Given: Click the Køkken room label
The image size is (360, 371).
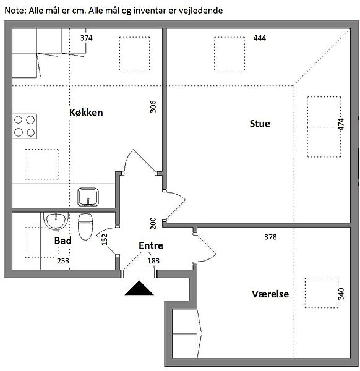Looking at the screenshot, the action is click(86, 113).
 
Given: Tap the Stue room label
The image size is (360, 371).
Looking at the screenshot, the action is click(260, 124).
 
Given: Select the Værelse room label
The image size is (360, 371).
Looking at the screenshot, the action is click(270, 294).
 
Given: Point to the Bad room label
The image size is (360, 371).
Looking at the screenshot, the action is click(63, 241).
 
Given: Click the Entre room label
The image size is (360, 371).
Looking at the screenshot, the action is click(151, 245).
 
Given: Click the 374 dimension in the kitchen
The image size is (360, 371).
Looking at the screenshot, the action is click(86, 38).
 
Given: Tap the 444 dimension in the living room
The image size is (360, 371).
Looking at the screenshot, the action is click(259, 38).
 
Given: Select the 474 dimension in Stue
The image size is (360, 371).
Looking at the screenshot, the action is click(341, 124).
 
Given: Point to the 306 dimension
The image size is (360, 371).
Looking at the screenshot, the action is click(153, 107).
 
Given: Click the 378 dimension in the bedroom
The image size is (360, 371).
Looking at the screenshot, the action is click(270, 237).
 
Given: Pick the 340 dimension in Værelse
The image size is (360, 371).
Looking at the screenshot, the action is click(341, 294).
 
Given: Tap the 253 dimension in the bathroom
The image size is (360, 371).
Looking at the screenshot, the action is click(63, 261).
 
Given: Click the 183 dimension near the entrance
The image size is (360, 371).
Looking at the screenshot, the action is click(153, 261).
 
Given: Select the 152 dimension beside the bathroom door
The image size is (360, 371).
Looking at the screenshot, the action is click(105, 240).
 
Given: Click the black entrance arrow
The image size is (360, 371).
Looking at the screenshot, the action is click(139, 288).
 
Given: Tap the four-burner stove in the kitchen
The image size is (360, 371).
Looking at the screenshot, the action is click(24, 126).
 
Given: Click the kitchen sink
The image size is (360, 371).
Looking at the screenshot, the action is click(88, 197).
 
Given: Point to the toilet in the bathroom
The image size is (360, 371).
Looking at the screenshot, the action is click(85, 227).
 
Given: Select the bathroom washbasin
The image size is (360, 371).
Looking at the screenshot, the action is click(56, 221).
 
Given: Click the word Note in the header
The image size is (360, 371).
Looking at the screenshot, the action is click(15, 11).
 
